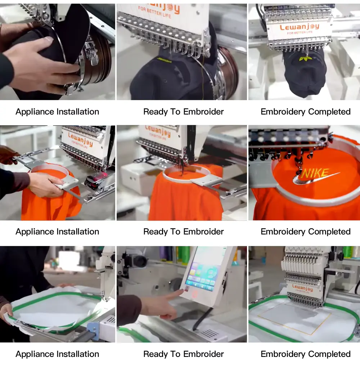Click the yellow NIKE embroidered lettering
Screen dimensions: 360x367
315,174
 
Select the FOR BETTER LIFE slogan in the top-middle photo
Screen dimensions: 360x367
154,12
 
